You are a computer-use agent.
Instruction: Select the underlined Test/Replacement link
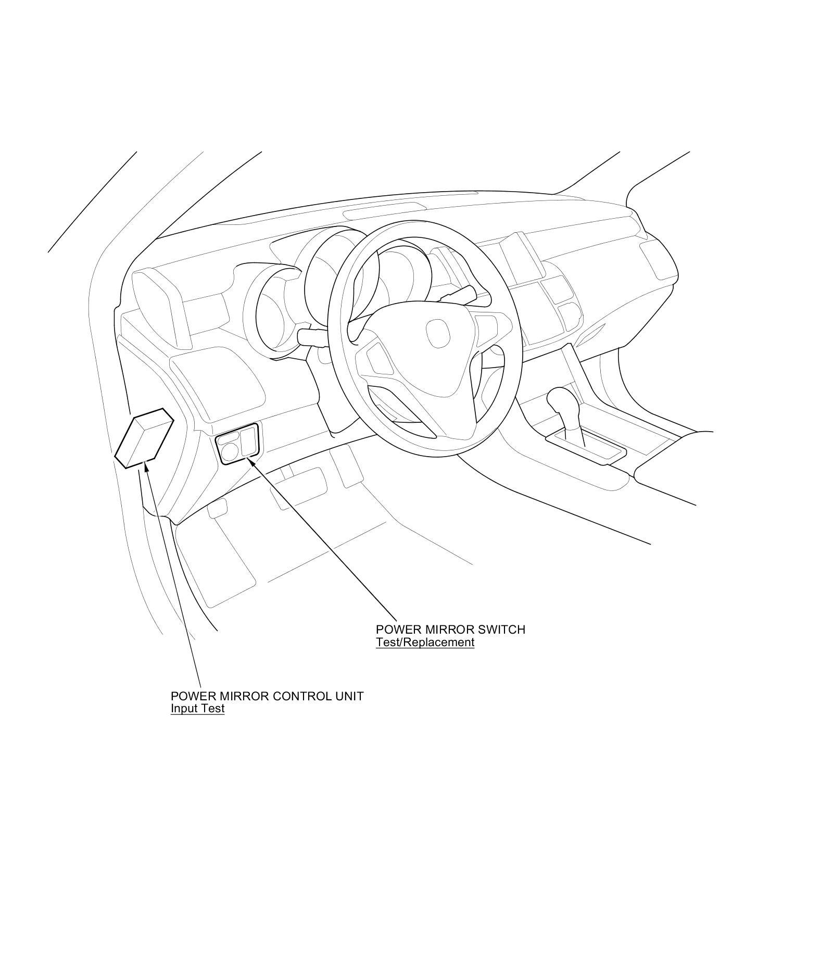tap(425, 642)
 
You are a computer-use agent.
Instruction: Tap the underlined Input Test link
tap(197, 709)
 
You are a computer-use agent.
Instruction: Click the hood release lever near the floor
tap(218, 508)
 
